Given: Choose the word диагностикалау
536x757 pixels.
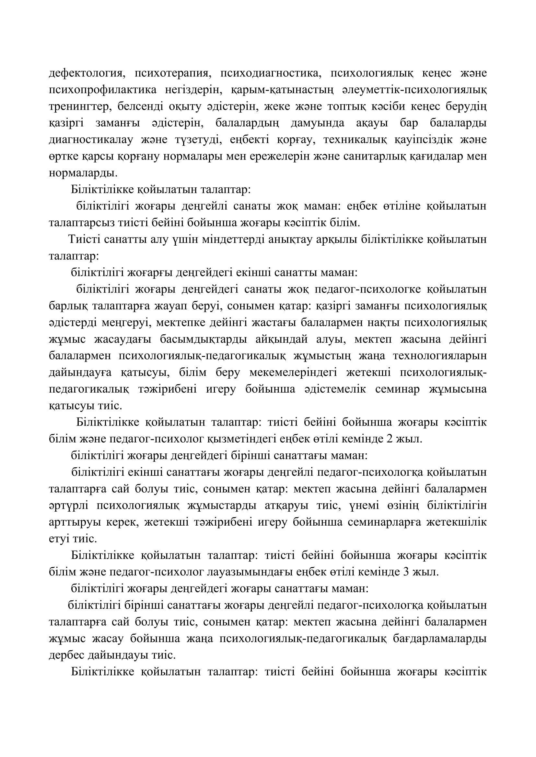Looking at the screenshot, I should point(91,140).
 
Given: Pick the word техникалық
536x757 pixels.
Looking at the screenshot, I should point(355,140).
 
